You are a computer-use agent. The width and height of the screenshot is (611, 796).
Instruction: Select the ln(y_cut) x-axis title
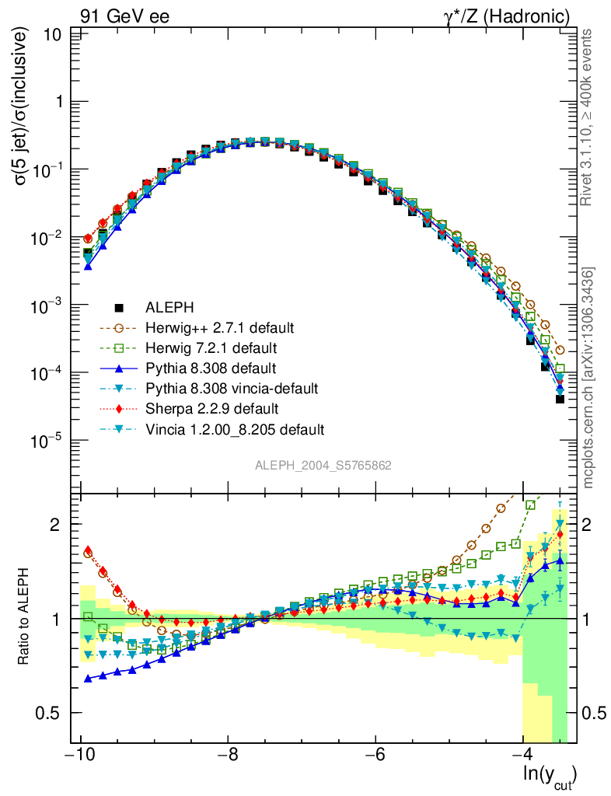tap(548, 774)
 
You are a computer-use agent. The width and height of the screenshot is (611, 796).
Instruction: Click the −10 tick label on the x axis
tap(80, 756)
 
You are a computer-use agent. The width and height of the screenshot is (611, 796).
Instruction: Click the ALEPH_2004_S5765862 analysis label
tap(323, 466)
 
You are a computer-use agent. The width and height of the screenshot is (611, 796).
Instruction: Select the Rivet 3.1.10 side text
tap(589, 117)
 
